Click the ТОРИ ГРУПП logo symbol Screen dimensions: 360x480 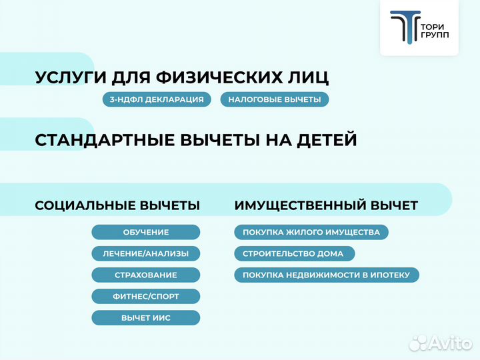point(404,28)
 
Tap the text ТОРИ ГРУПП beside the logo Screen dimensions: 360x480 point(435,29)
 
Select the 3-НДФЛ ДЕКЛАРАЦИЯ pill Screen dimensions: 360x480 point(157,99)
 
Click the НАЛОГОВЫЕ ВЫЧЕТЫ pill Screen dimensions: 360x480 point(274,99)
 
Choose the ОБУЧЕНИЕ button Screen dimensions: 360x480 point(145,232)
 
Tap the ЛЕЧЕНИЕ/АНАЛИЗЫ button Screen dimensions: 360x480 point(145,253)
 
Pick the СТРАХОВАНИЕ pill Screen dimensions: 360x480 point(145,275)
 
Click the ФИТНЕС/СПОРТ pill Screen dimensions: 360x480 point(145,296)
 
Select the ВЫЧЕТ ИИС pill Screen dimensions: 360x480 point(145,317)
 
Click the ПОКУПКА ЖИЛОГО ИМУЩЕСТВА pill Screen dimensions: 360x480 point(311,232)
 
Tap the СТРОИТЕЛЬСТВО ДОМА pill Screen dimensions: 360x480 point(293,253)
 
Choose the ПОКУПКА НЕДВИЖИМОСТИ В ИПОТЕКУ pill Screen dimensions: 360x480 point(326,275)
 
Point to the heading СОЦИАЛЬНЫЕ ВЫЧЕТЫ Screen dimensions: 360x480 point(117,205)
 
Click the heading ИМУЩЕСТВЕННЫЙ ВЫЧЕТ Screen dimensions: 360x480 point(326,205)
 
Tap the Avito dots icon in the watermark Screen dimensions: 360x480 point(419,343)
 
